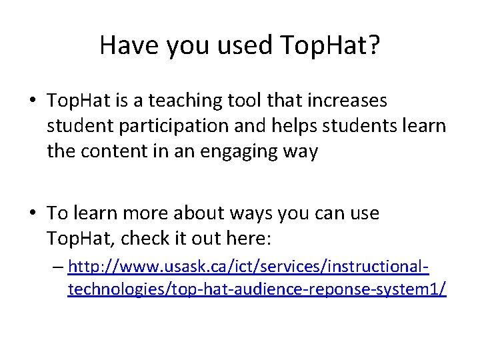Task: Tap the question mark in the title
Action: [x=373, y=45]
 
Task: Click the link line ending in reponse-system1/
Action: [x=257, y=289]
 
